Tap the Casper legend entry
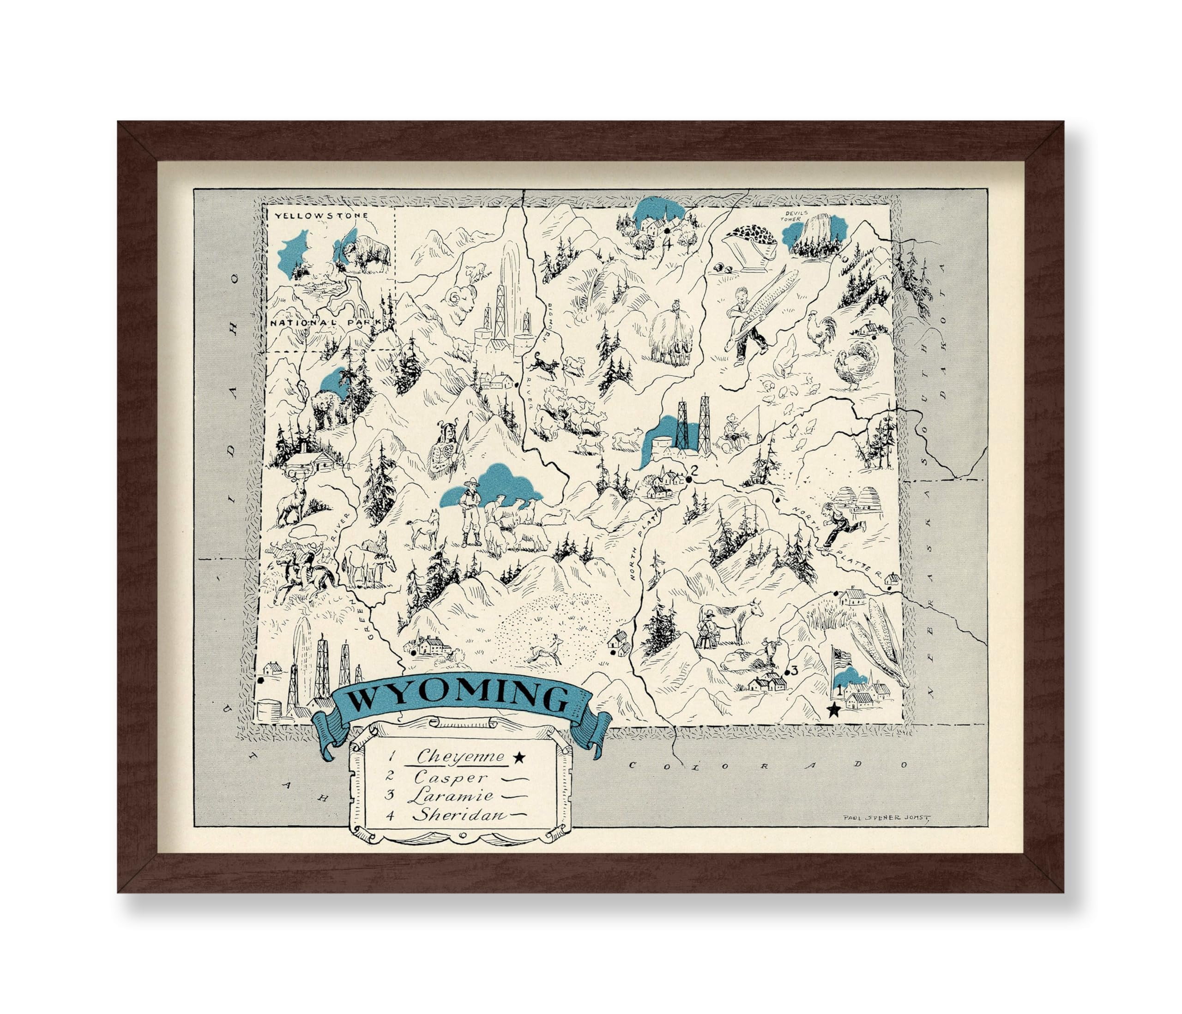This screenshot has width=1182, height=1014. [x=451, y=777]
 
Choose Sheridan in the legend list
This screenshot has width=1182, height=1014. [x=460, y=815]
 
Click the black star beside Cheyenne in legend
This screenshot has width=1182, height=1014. [x=519, y=757]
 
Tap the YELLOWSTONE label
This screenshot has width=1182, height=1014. [x=320, y=216]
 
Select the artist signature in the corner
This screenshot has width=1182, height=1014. [x=886, y=816]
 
